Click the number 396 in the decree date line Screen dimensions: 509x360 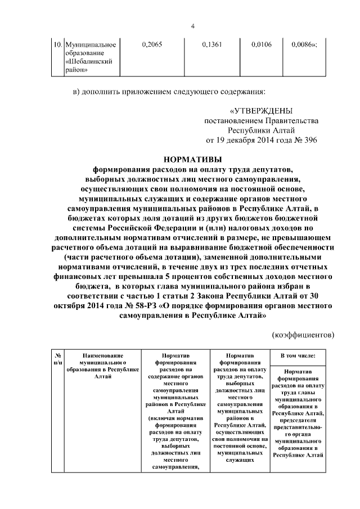[308, 140]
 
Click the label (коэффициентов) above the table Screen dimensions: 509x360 [303, 335]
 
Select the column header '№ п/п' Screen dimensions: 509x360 [57, 359]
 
